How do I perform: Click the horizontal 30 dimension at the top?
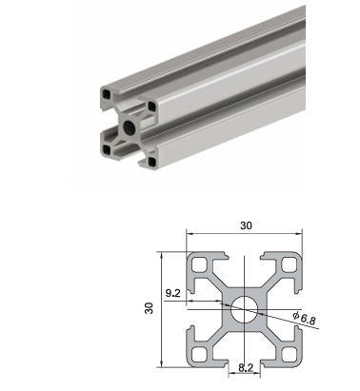coord(246,225)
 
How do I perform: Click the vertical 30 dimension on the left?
coord(149,308)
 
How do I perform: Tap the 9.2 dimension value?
coord(173,293)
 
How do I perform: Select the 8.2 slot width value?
coord(246,368)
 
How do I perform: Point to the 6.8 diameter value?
coord(309,319)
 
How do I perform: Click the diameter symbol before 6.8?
coord(296,315)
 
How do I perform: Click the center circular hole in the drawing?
coord(245,309)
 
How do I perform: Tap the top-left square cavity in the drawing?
coord(199,264)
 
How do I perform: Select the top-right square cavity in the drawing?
coord(289,264)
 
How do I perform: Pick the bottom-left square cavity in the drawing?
coord(199,354)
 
